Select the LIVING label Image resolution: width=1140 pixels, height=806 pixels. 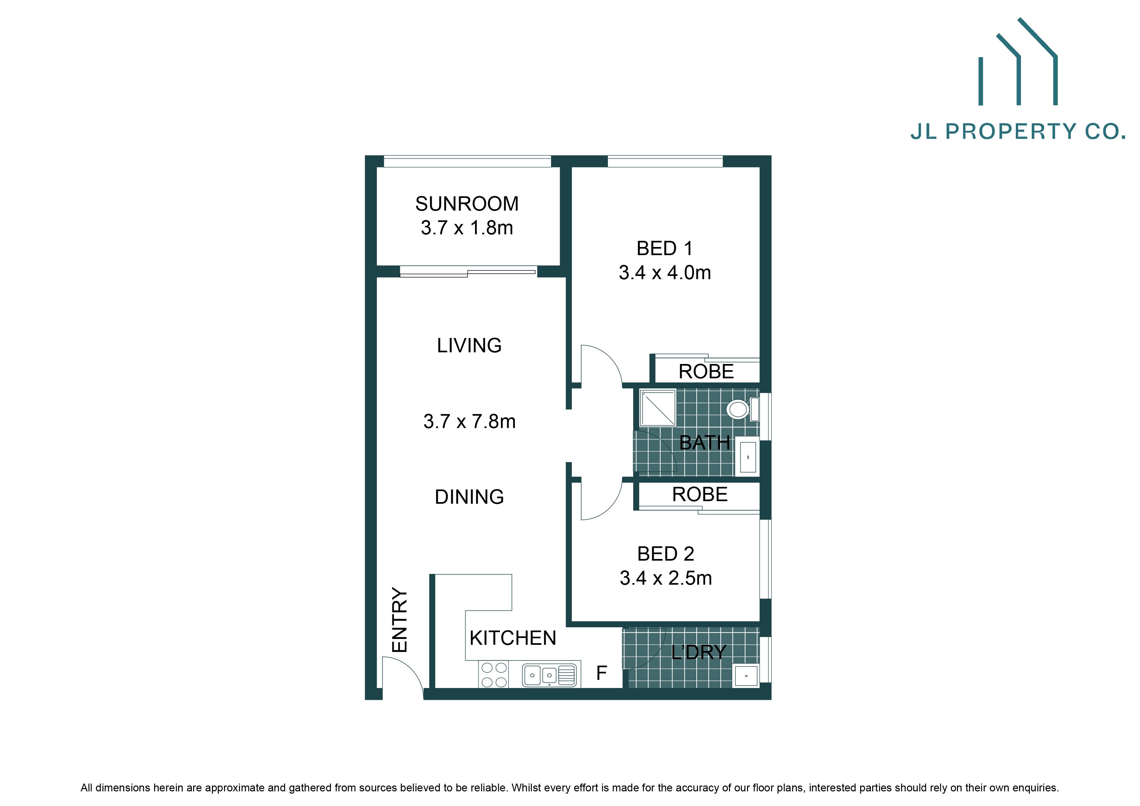469,345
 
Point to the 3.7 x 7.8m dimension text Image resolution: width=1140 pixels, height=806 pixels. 469,422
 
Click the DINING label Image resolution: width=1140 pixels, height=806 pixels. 469,497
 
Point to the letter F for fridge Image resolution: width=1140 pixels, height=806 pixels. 601,673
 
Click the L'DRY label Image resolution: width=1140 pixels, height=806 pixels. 698,652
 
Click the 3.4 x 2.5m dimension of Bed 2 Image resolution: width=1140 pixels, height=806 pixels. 665,578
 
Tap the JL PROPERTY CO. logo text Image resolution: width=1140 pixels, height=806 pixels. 1017,132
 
